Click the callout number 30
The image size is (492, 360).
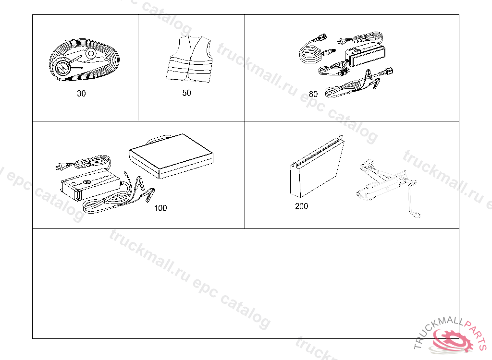[81, 94]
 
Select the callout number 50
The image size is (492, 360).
[187, 93]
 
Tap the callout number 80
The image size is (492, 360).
[313, 94]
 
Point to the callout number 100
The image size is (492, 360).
[160, 208]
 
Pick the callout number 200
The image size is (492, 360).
[302, 206]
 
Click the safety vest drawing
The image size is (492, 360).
[189, 59]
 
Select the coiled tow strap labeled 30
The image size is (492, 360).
[84, 59]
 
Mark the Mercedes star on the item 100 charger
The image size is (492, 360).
[87, 182]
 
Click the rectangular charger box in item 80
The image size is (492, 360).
[365, 56]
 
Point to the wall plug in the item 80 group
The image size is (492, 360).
[342, 41]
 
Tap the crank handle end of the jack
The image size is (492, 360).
[416, 215]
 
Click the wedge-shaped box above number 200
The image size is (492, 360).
[317, 166]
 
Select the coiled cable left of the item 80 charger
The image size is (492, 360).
[311, 53]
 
